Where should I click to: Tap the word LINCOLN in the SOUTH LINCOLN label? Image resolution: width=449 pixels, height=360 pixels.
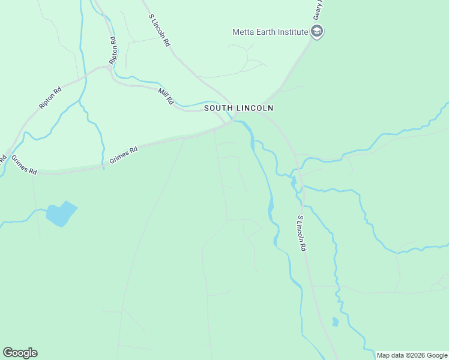point(254,108)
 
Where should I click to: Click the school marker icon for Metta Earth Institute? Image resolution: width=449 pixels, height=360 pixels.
point(317,32)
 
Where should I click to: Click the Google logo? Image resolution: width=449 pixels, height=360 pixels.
point(20,353)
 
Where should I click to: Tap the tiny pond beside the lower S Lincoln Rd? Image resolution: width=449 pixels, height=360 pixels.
point(335,322)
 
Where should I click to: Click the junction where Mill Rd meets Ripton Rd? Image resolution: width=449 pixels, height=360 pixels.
point(109,67)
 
